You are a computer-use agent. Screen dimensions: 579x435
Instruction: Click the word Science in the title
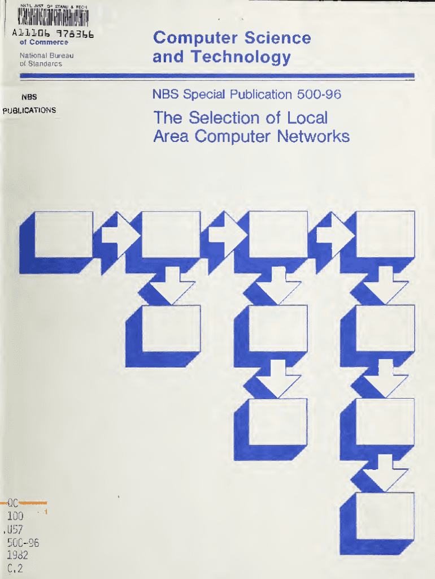(x=277, y=38)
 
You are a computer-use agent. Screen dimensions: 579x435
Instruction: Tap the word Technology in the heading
(x=241, y=57)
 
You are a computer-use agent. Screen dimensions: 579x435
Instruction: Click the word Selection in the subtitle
(x=225, y=118)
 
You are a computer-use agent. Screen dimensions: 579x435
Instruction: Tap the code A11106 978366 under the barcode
(x=53, y=33)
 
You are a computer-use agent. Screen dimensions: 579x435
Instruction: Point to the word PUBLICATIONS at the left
(x=29, y=110)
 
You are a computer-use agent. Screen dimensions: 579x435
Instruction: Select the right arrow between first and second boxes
(x=118, y=234)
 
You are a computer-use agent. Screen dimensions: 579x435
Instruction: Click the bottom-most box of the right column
(x=386, y=516)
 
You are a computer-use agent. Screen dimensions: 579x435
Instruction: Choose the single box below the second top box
(x=171, y=328)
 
